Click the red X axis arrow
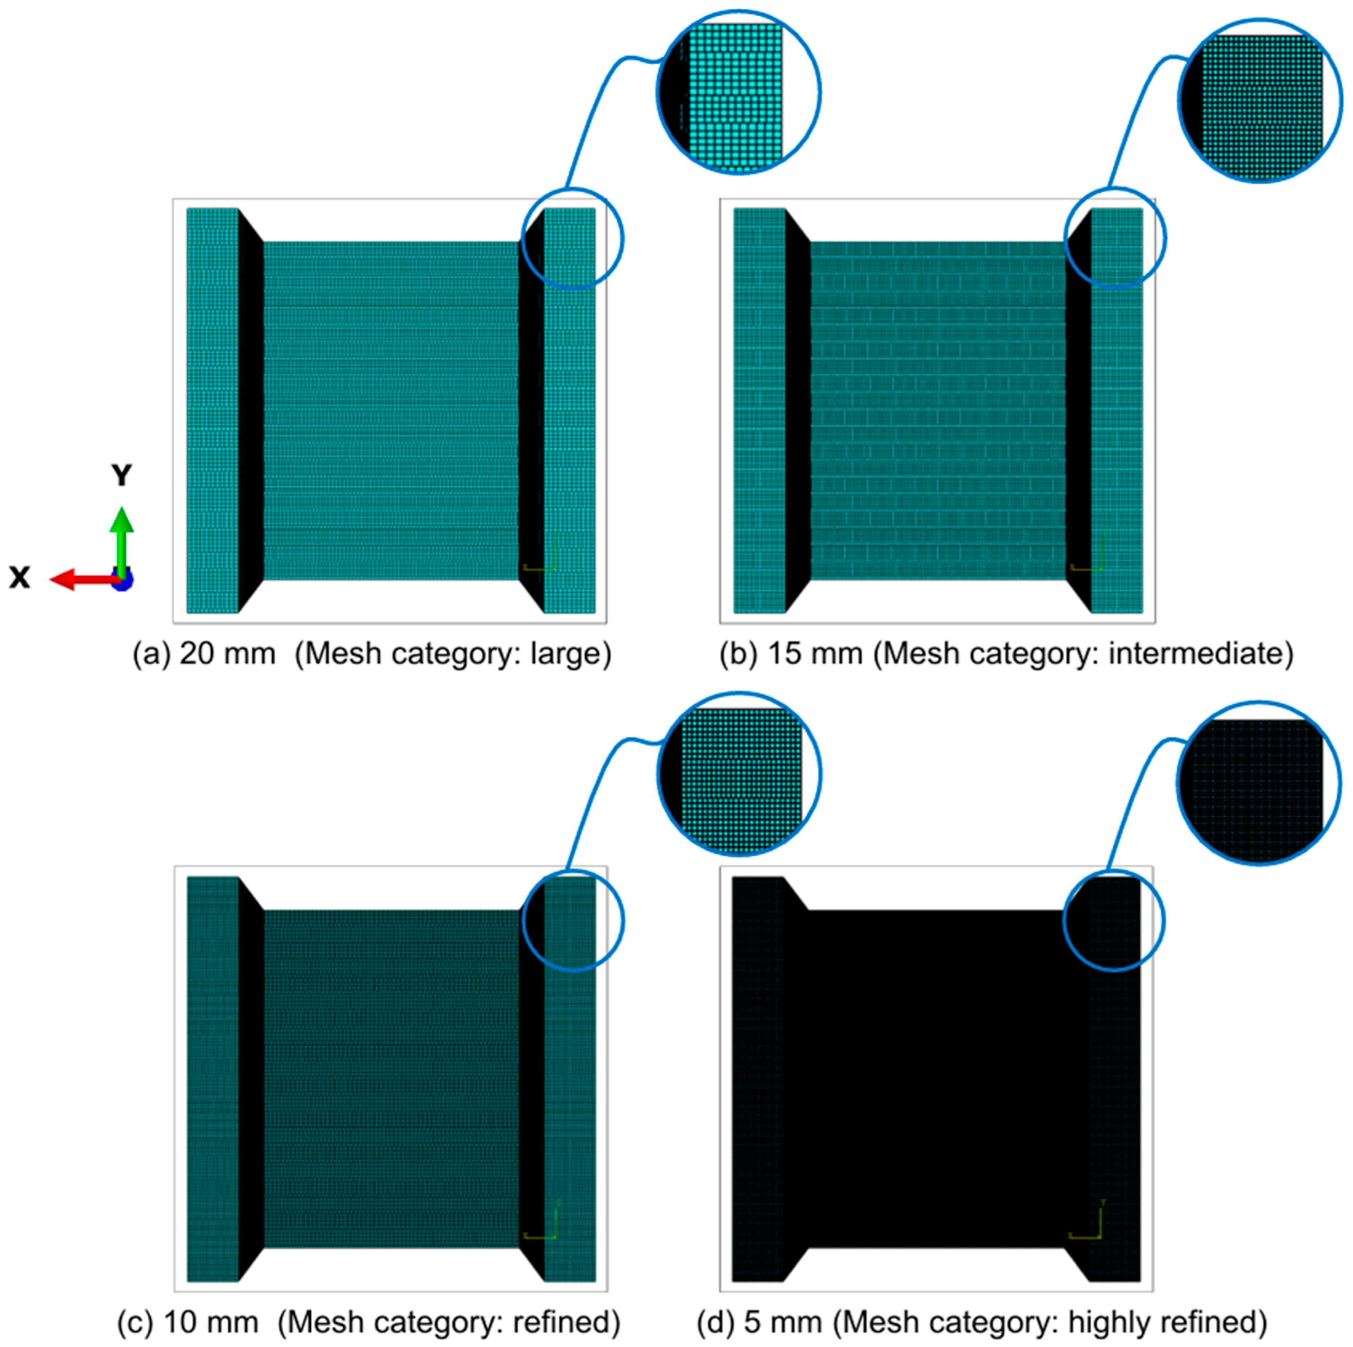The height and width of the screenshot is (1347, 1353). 84,580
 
